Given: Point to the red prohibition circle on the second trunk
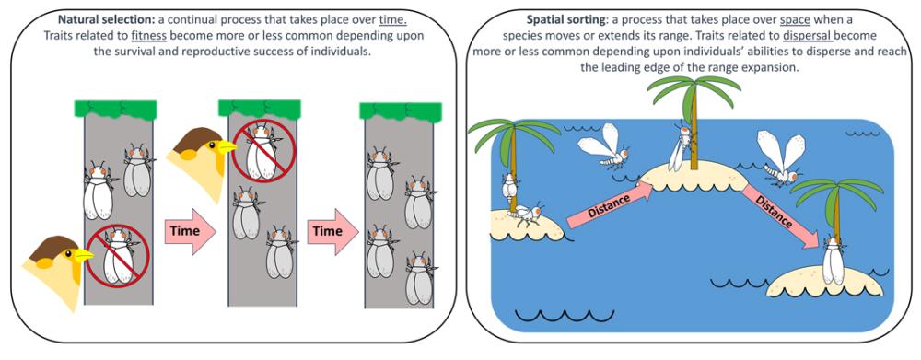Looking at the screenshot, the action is point(262,150).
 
